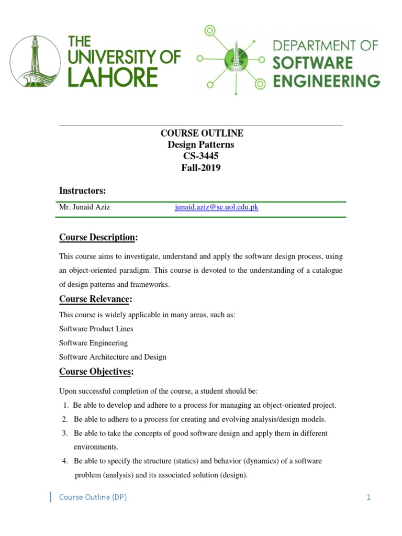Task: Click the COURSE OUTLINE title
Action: [202, 133]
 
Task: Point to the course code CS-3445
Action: [202, 156]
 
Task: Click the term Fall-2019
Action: [202, 167]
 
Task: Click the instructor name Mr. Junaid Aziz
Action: [85, 207]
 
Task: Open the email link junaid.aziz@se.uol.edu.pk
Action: [216, 207]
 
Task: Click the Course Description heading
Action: [97, 237]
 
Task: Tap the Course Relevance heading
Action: [95, 299]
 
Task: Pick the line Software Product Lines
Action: [96, 329]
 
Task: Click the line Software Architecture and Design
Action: [113, 357]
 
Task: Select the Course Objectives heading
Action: [96, 372]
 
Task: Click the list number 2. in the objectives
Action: [65, 419]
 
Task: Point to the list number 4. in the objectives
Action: [65, 461]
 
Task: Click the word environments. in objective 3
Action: [96, 447]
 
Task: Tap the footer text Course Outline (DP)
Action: [93, 497]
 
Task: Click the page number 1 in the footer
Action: [368, 497]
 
